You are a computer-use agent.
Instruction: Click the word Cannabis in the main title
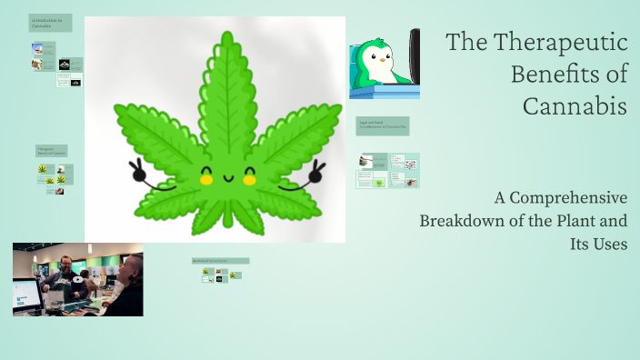(575, 105)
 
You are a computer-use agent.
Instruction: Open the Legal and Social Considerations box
(383, 125)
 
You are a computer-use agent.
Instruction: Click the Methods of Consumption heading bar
(220, 261)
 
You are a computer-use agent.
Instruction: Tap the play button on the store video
(77, 279)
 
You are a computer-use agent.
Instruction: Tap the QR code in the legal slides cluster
(410, 165)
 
